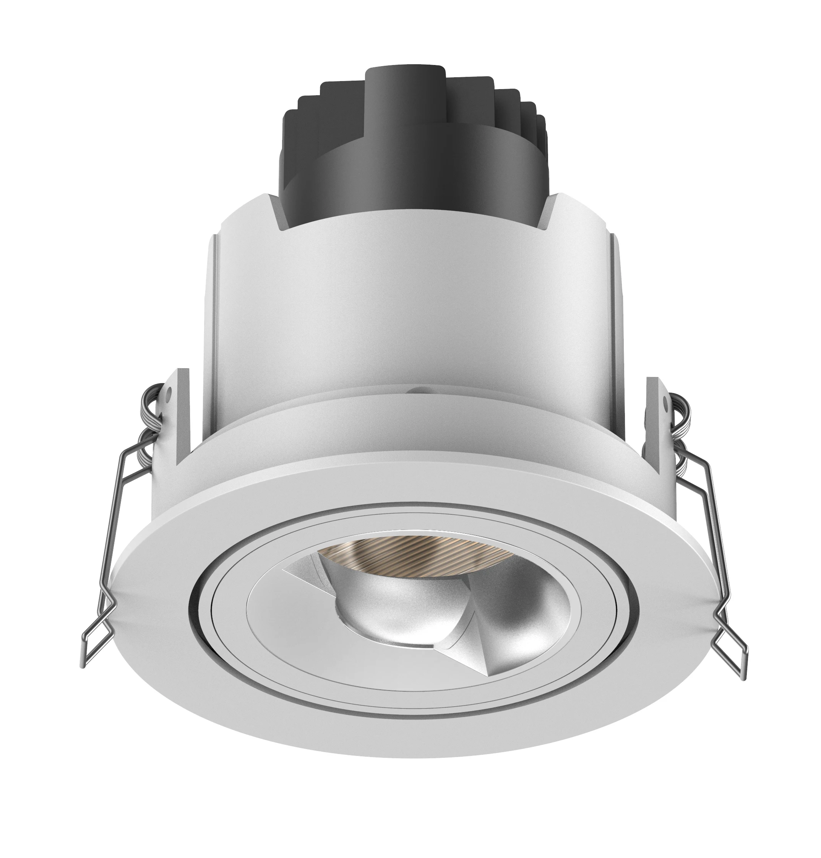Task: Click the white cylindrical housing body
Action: [x=411, y=306]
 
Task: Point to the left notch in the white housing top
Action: [x=280, y=210]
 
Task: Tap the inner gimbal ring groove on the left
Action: [x=206, y=604]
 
